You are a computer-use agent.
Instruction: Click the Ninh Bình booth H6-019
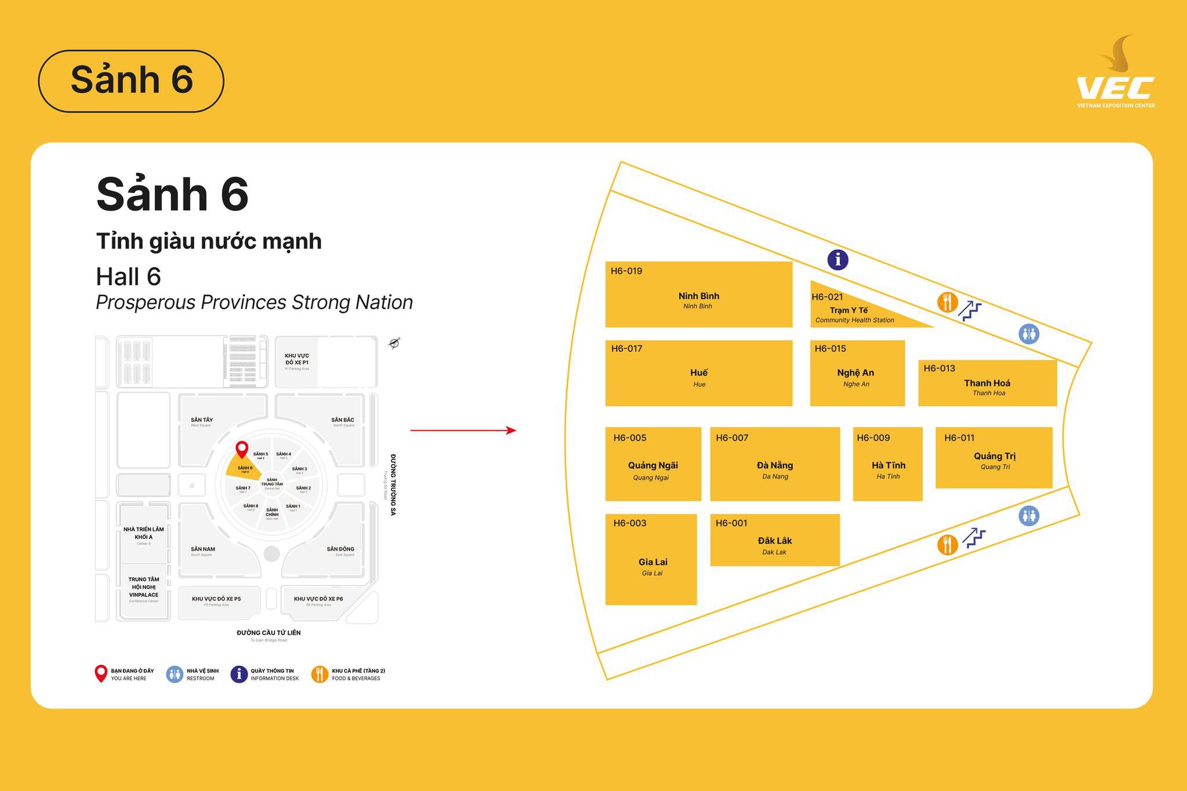[699, 294]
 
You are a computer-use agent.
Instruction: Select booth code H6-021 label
[827, 297]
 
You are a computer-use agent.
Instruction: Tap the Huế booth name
[699, 373]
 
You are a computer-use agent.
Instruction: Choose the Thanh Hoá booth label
[987, 383]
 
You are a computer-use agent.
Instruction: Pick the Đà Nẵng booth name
[775, 465]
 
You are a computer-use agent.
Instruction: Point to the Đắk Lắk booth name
[775, 541]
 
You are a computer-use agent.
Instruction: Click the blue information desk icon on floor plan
[837, 259]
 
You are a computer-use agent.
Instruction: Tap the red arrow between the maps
[463, 430]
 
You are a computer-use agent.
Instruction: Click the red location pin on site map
[242, 449]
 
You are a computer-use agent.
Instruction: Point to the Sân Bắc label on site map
[342, 420]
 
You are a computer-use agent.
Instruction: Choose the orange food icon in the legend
[319, 674]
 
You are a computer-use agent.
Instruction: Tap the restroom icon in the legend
[174, 674]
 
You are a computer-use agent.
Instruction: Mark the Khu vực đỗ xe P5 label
[216, 599]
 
